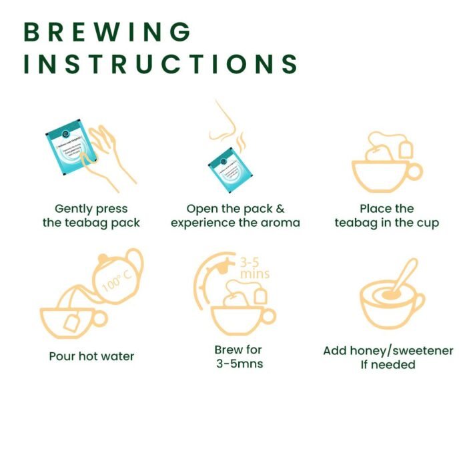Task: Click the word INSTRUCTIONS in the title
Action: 160,63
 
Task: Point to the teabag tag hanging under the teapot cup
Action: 71,325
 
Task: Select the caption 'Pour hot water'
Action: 91,356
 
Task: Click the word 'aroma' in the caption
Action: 280,222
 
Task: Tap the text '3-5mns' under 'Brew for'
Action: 238,364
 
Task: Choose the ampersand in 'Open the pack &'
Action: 280,209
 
